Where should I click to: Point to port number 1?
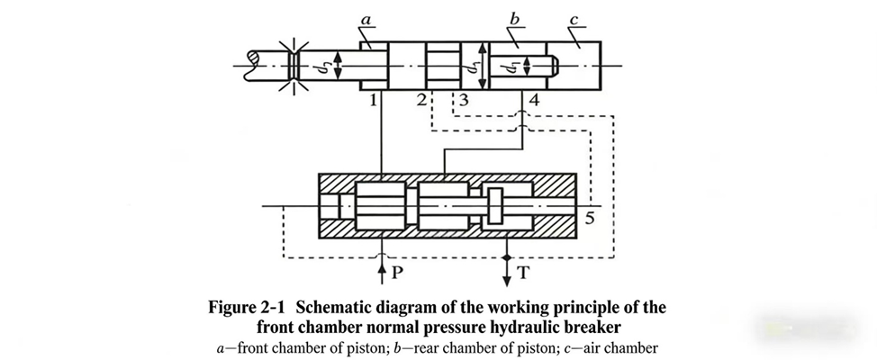[x=372, y=101]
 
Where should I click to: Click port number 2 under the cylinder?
[x=421, y=101]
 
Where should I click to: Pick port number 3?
[x=463, y=101]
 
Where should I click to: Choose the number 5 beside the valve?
[x=588, y=218]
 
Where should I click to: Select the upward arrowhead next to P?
[x=382, y=265]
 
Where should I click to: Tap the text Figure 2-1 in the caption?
[x=258, y=308]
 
